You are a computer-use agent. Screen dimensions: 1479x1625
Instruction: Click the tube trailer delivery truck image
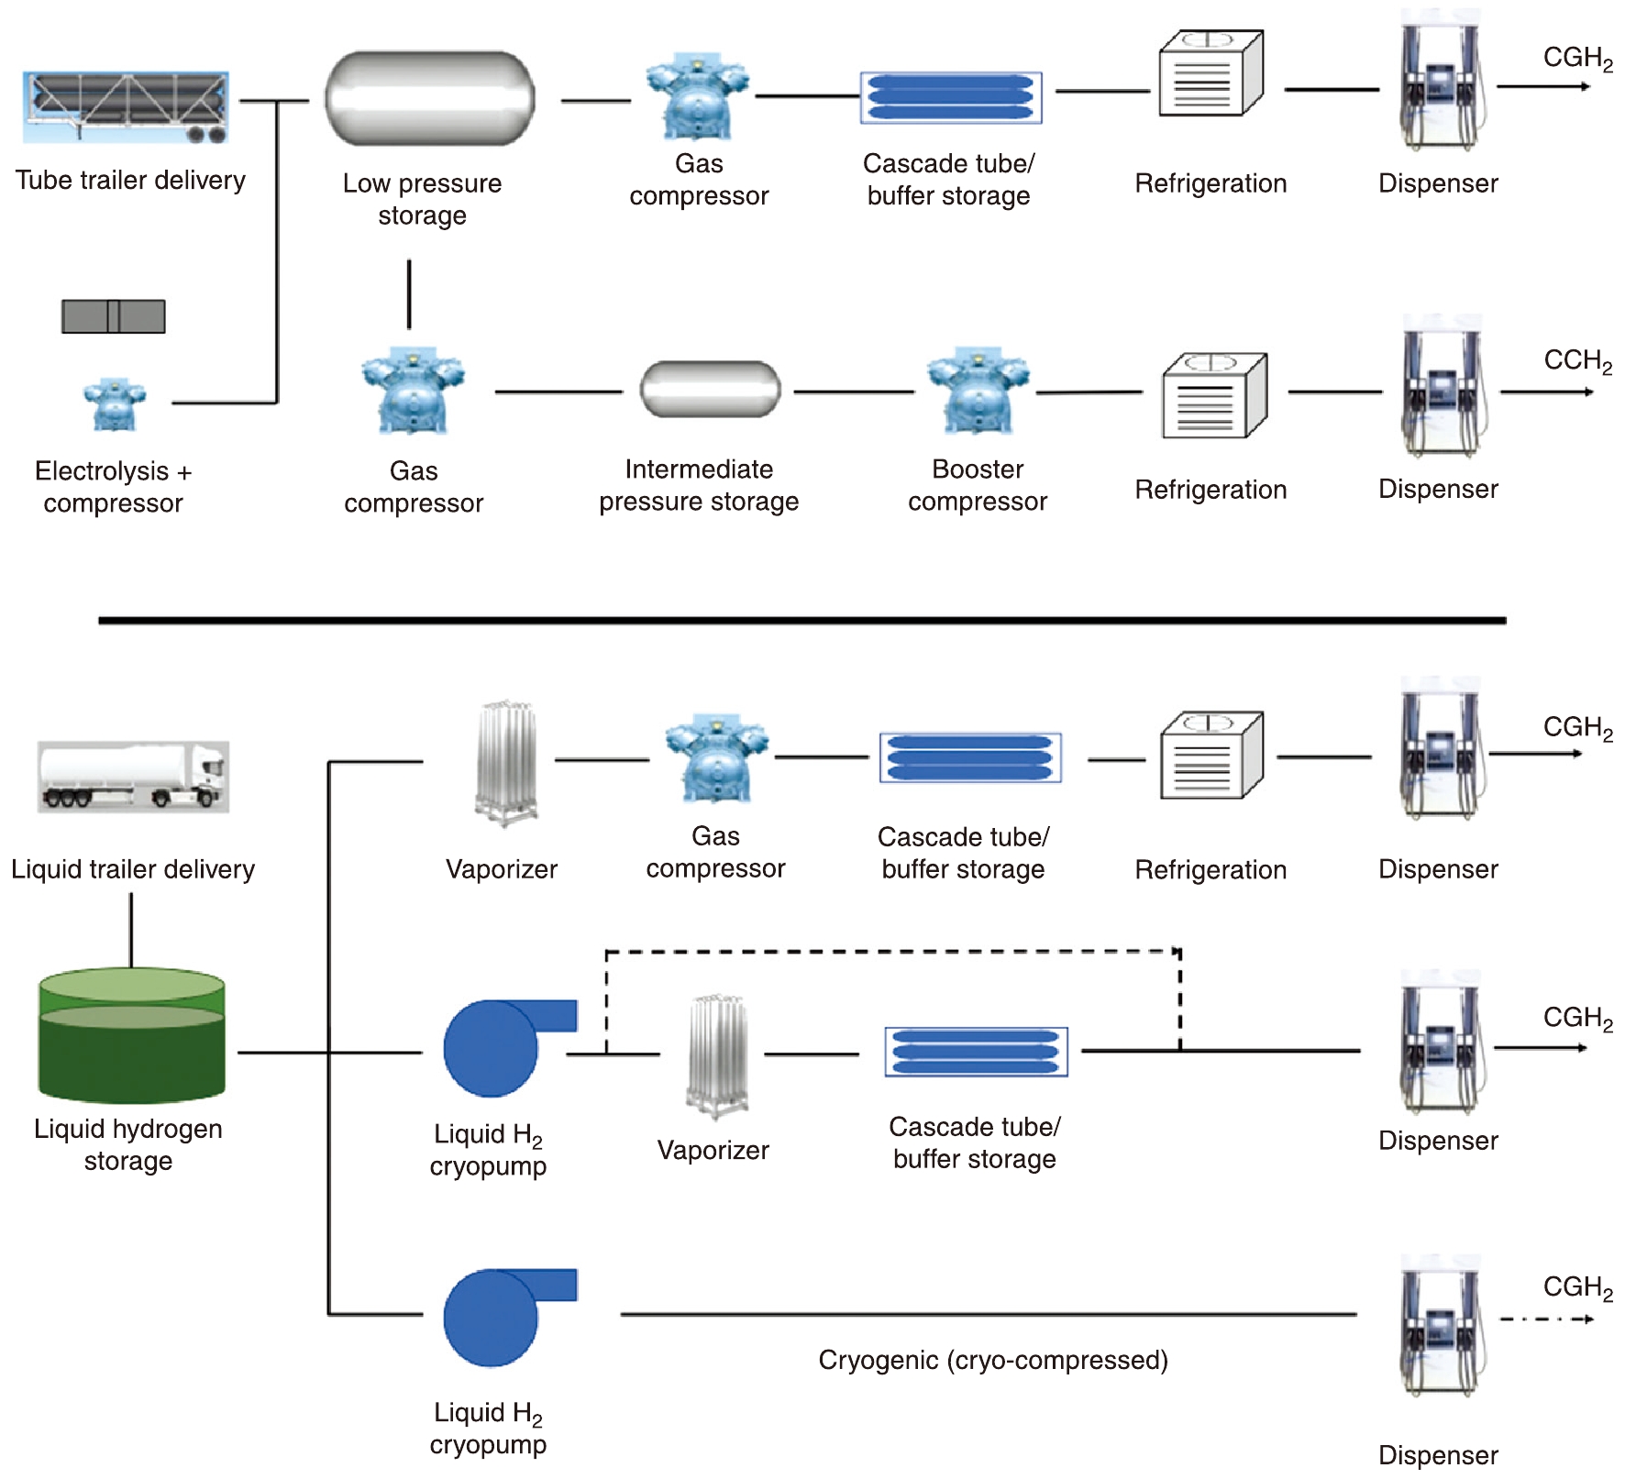126,107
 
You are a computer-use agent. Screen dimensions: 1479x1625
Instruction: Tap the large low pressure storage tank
429,98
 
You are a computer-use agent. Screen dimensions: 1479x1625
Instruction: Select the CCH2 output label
1577,361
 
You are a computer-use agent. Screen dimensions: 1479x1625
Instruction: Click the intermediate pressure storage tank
710,389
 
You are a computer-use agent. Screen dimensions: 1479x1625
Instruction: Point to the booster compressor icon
978,391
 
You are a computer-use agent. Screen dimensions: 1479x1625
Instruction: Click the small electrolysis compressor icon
115,404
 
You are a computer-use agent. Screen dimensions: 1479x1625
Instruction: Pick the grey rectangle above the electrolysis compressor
114,316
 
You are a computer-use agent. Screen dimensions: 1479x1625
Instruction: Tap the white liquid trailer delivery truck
134,777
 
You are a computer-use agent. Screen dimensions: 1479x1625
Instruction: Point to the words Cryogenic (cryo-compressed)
992,1360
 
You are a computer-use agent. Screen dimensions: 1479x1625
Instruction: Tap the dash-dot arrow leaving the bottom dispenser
1545,1319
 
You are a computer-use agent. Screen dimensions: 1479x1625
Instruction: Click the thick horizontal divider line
801,621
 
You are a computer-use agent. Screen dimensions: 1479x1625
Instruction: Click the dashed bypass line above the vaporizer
890,952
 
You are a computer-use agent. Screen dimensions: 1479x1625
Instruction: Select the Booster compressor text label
978,486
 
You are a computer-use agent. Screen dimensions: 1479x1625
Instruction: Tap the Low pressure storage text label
422,199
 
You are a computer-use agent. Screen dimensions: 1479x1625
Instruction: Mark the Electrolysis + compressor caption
114,487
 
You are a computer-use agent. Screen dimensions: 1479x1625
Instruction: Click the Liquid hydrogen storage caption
128,1144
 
